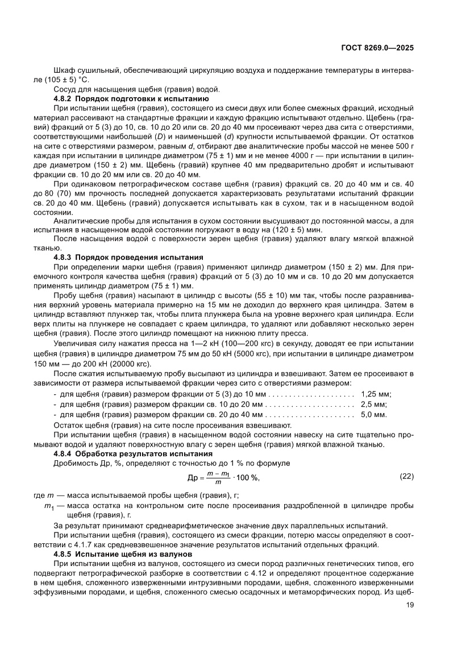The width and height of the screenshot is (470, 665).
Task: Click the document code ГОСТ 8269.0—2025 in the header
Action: (377, 48)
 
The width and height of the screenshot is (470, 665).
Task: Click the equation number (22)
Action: (406, 475)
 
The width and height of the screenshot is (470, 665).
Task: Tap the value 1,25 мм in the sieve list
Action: (376, 394)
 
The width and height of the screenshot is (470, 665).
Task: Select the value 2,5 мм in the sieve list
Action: (373, 404)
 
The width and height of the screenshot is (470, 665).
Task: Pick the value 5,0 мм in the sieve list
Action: (373, 415)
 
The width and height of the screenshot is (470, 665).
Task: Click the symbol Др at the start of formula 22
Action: (193, 477)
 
